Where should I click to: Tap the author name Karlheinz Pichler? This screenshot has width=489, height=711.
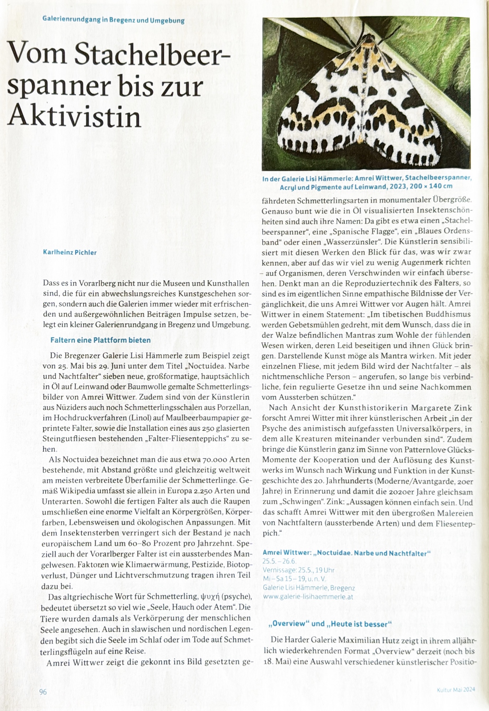(x=70, y=253)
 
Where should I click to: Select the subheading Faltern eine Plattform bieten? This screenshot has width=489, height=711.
(x=100, y=340)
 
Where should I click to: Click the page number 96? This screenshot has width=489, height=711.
(x=43, y=692)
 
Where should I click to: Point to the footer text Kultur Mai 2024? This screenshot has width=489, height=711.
(x=456, y=690)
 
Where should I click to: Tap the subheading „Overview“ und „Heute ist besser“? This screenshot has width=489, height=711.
(x=330, y=624)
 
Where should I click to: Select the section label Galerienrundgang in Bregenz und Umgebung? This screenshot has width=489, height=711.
(x=113, y=20)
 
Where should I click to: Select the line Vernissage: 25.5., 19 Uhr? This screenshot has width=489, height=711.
(x=298, y=570)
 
